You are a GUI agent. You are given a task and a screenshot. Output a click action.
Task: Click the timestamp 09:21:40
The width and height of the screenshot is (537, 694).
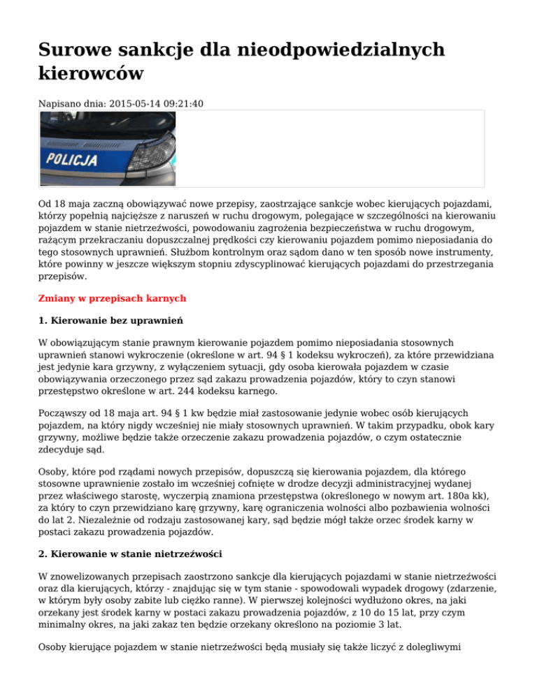click(x=184, y=103)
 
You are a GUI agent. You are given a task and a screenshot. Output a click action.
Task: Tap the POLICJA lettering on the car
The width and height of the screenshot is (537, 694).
click(x=72, y=160)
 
